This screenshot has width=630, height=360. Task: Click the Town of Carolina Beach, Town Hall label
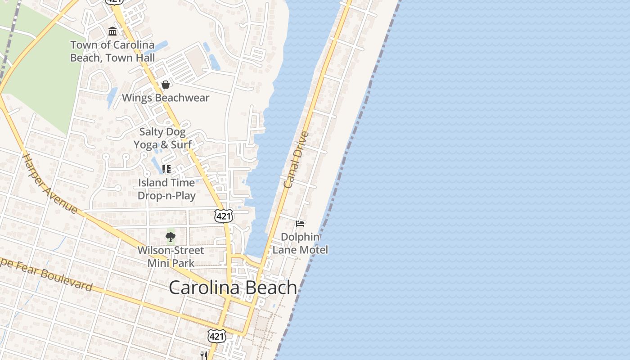112,51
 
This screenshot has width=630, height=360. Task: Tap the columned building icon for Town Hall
112,31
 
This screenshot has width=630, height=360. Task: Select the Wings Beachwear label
166,98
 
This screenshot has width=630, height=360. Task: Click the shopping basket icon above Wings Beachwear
166,85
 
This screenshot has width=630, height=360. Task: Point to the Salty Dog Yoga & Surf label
162,138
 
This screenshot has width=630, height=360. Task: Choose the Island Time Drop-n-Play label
166,189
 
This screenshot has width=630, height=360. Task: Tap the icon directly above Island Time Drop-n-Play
166,169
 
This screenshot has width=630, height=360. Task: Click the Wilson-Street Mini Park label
171,256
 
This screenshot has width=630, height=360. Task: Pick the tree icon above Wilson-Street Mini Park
170,237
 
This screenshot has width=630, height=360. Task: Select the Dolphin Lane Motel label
300,243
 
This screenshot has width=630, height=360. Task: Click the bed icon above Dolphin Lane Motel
300,224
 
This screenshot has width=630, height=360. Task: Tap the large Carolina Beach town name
233,288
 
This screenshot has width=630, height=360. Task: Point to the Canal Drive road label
297,160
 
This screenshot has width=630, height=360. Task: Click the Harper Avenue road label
49,184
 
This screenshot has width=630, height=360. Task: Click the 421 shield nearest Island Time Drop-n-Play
223,216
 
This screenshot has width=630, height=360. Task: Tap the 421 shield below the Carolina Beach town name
216,335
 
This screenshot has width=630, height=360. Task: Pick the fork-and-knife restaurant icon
204,355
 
